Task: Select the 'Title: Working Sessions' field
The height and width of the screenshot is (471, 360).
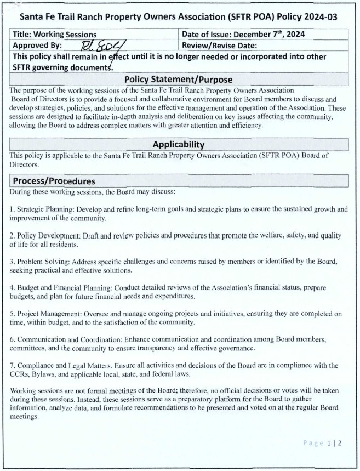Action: click(55, 34)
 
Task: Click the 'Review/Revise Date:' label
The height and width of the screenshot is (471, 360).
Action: click(219, 46)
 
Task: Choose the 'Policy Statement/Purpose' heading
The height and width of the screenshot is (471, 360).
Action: click(179, 80)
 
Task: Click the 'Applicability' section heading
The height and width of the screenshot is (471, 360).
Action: click(179, 145)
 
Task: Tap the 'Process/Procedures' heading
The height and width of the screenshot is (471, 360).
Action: click(54, 181)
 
